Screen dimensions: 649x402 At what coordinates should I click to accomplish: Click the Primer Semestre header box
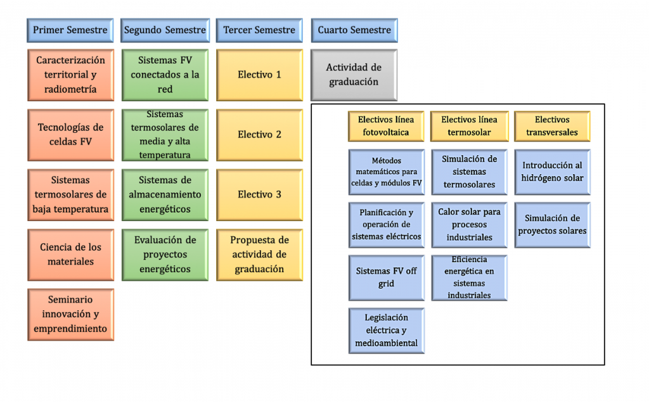coord(70,30)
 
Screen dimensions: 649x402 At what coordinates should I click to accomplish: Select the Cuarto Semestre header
coord(354,30)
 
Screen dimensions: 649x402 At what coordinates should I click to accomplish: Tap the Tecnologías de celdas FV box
coord(71,135)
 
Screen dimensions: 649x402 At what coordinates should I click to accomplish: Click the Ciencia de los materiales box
coord(71,254)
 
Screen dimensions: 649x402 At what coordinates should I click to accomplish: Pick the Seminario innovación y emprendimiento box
coord(71,315)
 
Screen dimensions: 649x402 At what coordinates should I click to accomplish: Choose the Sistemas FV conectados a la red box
coord(165,75)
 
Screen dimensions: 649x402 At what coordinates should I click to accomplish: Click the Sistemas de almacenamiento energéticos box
coord(165,195)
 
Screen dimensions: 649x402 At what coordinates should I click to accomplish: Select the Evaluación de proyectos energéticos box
coord(165,254)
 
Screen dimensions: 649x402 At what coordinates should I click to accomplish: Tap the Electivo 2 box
coord(259,135)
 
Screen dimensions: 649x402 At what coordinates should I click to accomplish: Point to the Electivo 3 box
coord(259,195)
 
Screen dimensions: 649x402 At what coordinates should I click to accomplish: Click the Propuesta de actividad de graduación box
coord(259,254)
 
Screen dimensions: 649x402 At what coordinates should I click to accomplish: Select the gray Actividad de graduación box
coord(354,75)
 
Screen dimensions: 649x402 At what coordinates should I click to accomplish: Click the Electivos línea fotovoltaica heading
coord(386,126)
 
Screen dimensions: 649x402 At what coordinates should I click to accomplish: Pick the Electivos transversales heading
coord(552,126)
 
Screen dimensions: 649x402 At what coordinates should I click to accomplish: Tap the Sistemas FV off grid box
coord(386,278)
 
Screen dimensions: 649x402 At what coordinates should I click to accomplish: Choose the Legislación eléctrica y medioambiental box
coord(386,331)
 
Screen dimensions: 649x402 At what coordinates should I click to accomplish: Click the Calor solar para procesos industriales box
coord(470,225)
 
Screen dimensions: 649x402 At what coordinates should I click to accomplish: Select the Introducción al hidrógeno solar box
coord(552,172)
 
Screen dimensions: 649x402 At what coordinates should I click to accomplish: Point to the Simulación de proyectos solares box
coord(552,225)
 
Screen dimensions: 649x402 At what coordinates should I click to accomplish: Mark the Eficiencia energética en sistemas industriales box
coord(470,278)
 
